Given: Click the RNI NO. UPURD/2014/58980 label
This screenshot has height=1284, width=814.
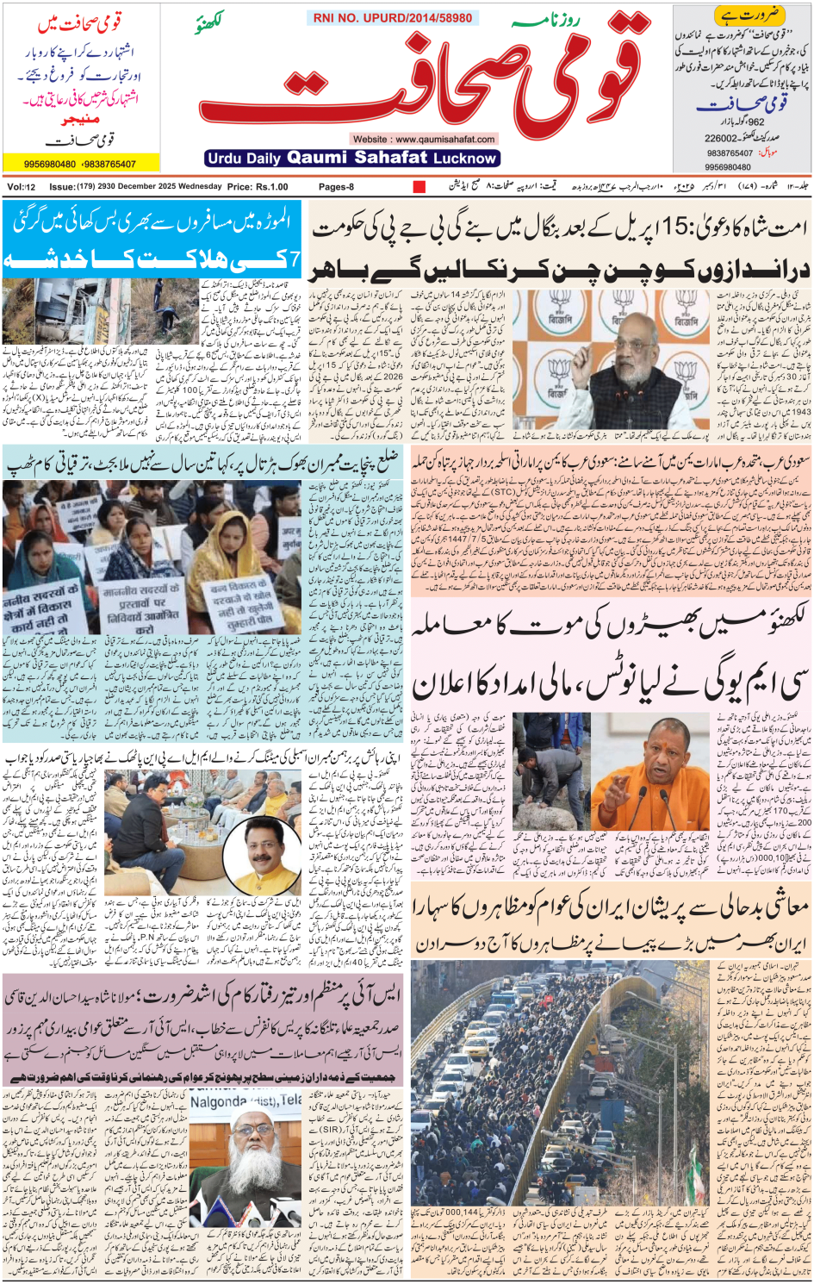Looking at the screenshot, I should (393, 18).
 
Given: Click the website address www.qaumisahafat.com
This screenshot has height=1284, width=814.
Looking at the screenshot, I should (423, 139).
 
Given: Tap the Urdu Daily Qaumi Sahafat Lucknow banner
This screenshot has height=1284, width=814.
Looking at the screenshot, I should (353, 158).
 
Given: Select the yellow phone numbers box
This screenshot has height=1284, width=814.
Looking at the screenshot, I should (81, 163).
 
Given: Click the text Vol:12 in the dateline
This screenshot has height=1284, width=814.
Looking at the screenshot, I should (22, 186).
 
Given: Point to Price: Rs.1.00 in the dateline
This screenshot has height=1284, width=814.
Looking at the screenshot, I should (258, 186).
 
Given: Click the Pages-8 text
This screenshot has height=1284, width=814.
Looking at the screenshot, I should (336, 186).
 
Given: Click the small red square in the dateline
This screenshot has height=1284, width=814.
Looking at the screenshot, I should (419, 186).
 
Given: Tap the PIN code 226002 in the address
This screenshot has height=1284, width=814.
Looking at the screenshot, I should (721, 138).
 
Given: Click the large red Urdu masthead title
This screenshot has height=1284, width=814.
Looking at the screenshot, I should (422, 78).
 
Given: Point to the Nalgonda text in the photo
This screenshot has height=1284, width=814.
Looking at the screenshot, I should (219, 1101).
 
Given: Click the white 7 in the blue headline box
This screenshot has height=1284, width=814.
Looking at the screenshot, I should (295, 259).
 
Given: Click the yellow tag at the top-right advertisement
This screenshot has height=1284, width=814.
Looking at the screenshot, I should (737, 15).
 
